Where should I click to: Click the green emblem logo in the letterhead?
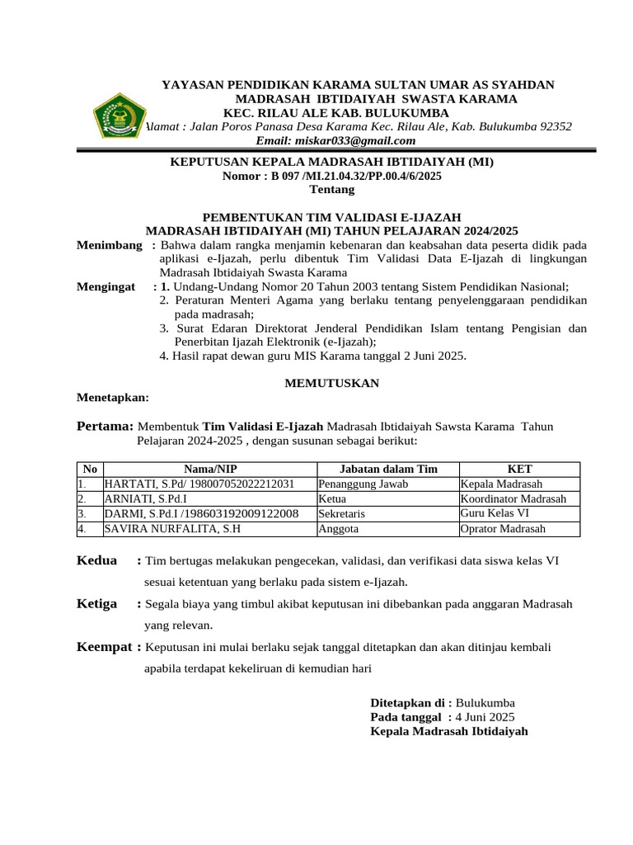click(118, 115)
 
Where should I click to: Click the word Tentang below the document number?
click(331, 189)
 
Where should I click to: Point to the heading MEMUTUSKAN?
click(331, 383)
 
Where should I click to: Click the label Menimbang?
click(110, 246)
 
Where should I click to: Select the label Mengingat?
click(106, 286)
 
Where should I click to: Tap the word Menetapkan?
click(113, 397)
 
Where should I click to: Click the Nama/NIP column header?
click(209, 469)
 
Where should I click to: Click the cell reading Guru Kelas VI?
click(495, 513)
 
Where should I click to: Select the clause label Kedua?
click(97, 560)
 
